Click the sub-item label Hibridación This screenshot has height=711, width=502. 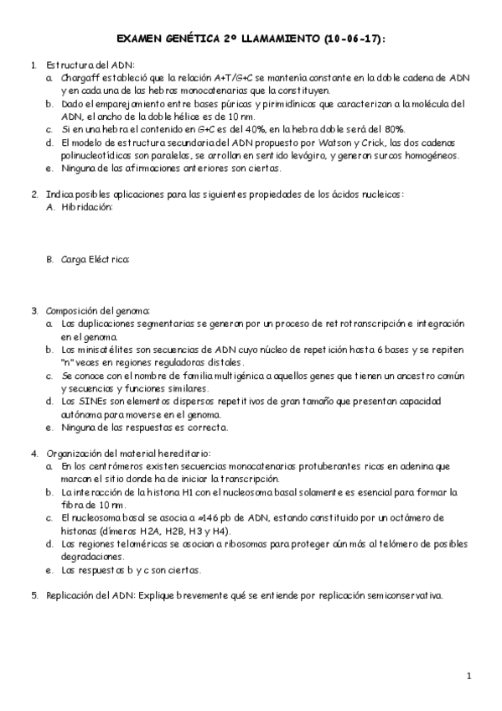click(86, 207)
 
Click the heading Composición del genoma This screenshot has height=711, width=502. click(97, 311)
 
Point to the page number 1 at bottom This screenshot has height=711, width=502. click(469, 676)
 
